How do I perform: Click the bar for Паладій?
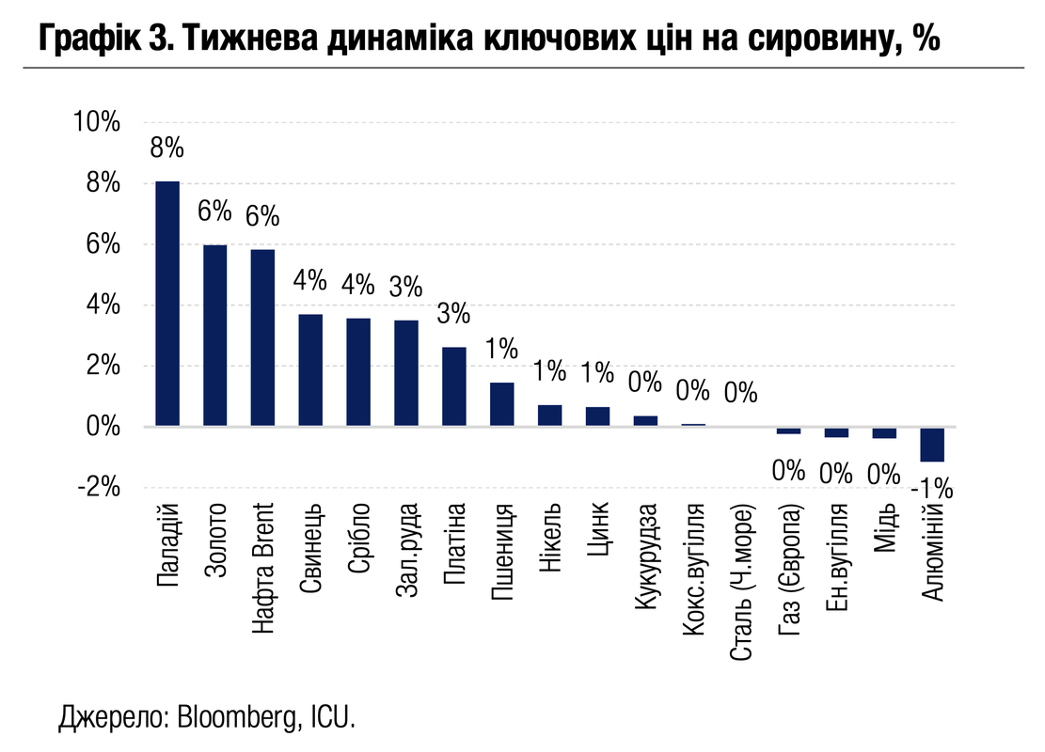[167, 304]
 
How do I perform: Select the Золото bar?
[215, 336]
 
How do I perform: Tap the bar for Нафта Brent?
[263, 337]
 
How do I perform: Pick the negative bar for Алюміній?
[932, 445]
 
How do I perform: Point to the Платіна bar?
[454, 387]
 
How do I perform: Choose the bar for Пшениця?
[502, 404]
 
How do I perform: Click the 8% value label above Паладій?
[167, 149]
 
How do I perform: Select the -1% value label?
[932, 489]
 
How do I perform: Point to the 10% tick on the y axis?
[97, 122]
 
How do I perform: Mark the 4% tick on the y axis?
[102, 305]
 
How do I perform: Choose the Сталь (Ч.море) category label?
[742, 582]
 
